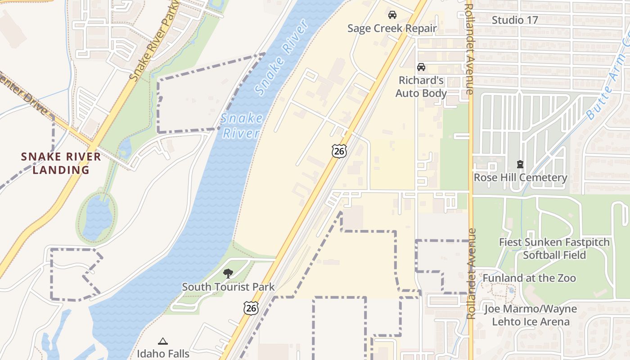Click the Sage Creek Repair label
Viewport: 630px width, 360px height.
tap(392, 28)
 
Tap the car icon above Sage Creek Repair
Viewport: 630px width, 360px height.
tap(392, 15)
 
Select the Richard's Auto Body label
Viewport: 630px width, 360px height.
tap(421, 87)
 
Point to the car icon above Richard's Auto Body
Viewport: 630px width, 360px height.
tap(421, 67)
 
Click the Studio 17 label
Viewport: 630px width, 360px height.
tap(514, 20)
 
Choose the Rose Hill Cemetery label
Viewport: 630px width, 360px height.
tap(520, 177)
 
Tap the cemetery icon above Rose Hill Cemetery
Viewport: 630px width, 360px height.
tap(520, 164)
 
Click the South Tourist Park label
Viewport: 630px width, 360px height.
tap(228, 287)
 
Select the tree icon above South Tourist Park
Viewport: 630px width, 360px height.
tap(228, 273)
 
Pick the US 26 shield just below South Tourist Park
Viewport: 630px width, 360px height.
tap(251, 308)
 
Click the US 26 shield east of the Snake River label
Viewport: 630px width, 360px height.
tap(339, 151)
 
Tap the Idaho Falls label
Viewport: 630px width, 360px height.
tap(163, 353)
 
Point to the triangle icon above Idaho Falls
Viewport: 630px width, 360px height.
tap(163, 341)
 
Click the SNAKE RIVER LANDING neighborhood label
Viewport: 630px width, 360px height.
tap(61, 163)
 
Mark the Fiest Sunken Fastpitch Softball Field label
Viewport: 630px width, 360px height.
tap(554, 248)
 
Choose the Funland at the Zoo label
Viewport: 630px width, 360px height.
tap(529, 278)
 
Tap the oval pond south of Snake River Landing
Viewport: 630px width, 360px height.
tap(97, 217)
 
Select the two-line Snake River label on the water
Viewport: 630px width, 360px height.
tap(241, 126)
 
